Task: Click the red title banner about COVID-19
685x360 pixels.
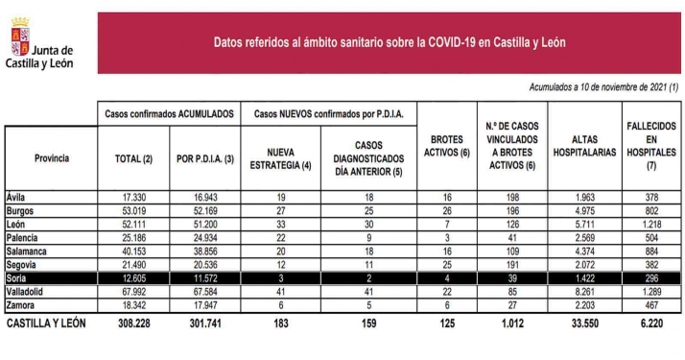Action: pos(389,42)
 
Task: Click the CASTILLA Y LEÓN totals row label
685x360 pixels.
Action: pos(46,324)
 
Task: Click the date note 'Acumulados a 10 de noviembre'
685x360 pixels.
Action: pos(603,87)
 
